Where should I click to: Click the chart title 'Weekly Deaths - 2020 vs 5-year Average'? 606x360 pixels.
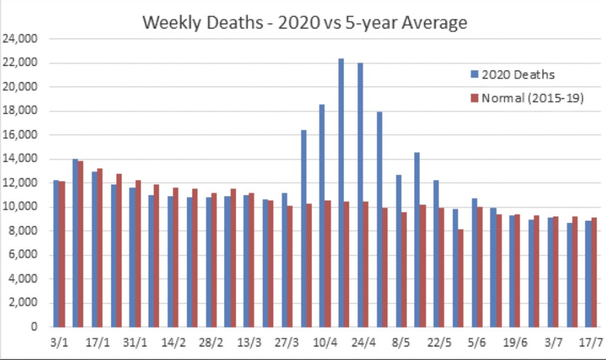tap(305, 22)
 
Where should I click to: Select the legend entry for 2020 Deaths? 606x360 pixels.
tap(518, 75)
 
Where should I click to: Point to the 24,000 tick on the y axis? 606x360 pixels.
tap(21, 39)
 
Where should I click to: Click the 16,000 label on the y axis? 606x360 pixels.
tap(21, 135)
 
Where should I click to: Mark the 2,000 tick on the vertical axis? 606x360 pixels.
tap(23, 303)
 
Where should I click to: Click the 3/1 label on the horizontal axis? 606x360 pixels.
tap(59, 343)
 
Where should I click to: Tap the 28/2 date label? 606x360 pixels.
tap(211, 343)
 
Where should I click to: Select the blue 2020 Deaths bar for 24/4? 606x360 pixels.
tap(360, 195)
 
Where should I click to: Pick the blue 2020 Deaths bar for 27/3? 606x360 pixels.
tap(284, 260)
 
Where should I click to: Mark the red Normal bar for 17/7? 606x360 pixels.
tap(594, 272)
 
